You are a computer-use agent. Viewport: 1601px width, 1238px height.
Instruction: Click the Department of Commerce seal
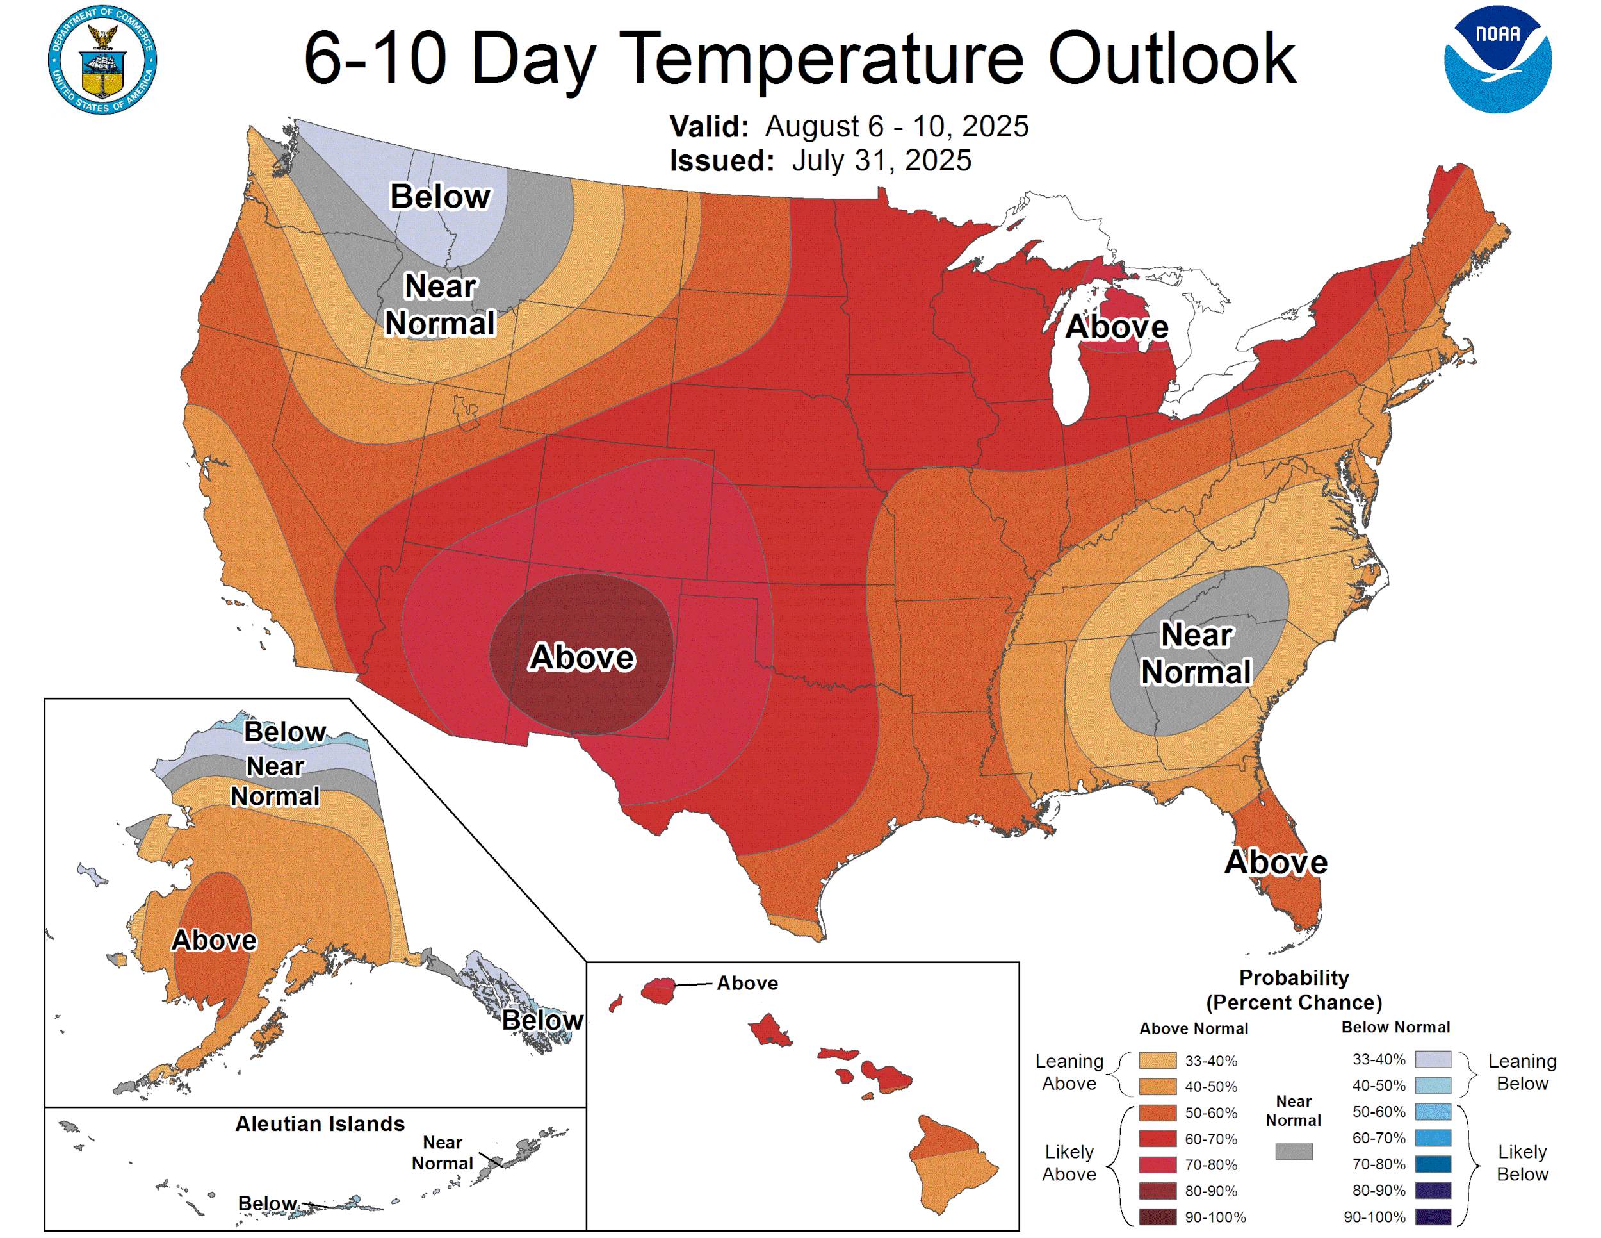click(x=102, y=60)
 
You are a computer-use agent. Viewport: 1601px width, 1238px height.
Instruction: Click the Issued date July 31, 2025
click(x=881, y=161)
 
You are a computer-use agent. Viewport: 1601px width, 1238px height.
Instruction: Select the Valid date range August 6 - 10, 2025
click(x=896, y=126)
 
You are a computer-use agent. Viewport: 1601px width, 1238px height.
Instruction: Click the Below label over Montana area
click(x=440, y=197)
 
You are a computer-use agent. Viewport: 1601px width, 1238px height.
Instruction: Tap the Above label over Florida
click(x=1276, y=862)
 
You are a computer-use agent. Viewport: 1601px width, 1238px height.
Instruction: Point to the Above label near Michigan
click(x=1116, y=326)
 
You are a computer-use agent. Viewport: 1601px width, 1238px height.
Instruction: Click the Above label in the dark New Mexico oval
click(x=582, y=657)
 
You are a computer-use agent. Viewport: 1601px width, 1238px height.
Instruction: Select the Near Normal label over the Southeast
click(x=1196, y=654)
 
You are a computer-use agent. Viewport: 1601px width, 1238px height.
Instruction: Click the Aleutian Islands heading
click(x=320, y=1123)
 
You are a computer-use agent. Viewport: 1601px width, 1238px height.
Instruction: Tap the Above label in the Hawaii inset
click(x=747, y=983)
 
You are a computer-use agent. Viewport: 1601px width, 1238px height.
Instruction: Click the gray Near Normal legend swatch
click(x=1293, y=1151)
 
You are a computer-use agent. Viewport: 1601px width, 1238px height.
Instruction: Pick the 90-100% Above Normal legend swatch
click(x=1157, y=1217)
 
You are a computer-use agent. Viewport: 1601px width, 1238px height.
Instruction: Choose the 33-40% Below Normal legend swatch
click(x=1433, y=1059)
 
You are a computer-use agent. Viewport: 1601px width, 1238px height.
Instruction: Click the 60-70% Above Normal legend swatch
click(x=1157, y=1139)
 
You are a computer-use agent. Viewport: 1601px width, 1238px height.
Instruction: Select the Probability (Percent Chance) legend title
click(x=1293, y=989)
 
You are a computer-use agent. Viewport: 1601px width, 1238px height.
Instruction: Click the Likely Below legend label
click(x=1522, y=1162)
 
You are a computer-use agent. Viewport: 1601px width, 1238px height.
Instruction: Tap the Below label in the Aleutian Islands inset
click(x=268, y=1203)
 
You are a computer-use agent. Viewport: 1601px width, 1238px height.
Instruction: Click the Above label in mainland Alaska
click(x=214, y=940)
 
